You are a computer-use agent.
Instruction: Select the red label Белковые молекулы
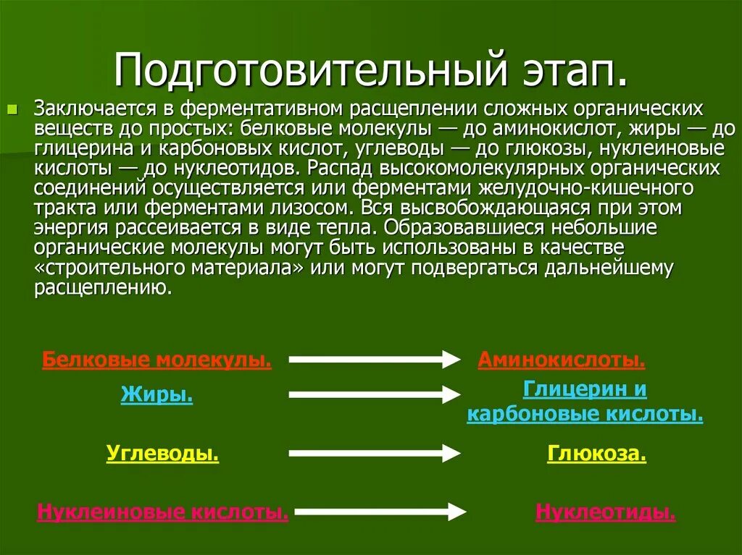(157, 360)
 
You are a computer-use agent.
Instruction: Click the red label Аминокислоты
(561, 360)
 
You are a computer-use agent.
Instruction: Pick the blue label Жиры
(157, 395)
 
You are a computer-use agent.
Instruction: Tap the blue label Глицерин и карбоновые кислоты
(585, 402)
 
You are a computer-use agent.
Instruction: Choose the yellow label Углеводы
(162, 454)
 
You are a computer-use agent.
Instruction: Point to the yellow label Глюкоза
(596, 454)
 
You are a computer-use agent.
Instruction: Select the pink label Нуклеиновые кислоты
(163, 512)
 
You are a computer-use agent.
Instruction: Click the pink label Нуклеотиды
(606, 512)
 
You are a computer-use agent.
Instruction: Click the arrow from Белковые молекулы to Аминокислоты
(374, 359)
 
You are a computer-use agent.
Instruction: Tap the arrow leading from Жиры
(374, 394)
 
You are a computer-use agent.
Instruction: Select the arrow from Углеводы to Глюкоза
(374, 453)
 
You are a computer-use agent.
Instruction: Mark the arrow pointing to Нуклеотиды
(380, 511)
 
